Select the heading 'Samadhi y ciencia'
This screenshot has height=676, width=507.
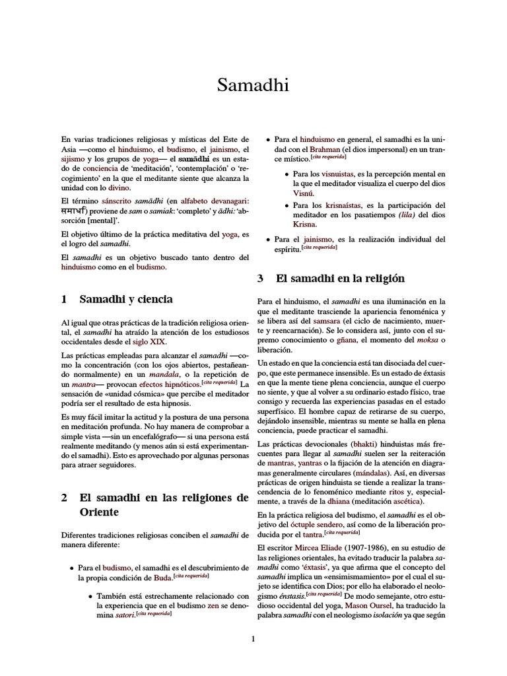[x=126, y=300]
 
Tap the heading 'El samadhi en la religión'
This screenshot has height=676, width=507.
[x=340, y=279]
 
